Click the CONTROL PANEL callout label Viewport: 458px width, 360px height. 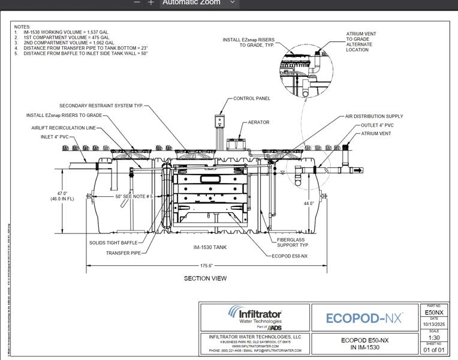[x=251, y=98]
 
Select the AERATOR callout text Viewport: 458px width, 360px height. [x=258, y=122]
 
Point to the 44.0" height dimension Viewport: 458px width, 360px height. [x=309, y=204]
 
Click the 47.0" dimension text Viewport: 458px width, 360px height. [x=62, y=194]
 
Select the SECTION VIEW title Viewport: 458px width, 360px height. [x=205, y=278]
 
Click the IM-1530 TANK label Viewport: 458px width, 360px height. [x=210, y=247]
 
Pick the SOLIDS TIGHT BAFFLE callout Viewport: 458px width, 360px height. [x=113, y=243]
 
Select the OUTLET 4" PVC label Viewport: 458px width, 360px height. [x=377, y=125]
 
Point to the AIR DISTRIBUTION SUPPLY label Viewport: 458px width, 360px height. [x=374, y=116]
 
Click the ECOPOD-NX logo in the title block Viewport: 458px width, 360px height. [x=364, y=318]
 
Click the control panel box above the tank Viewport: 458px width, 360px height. [x=221, y=122]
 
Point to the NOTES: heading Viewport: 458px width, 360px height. [x=22, y=27]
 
